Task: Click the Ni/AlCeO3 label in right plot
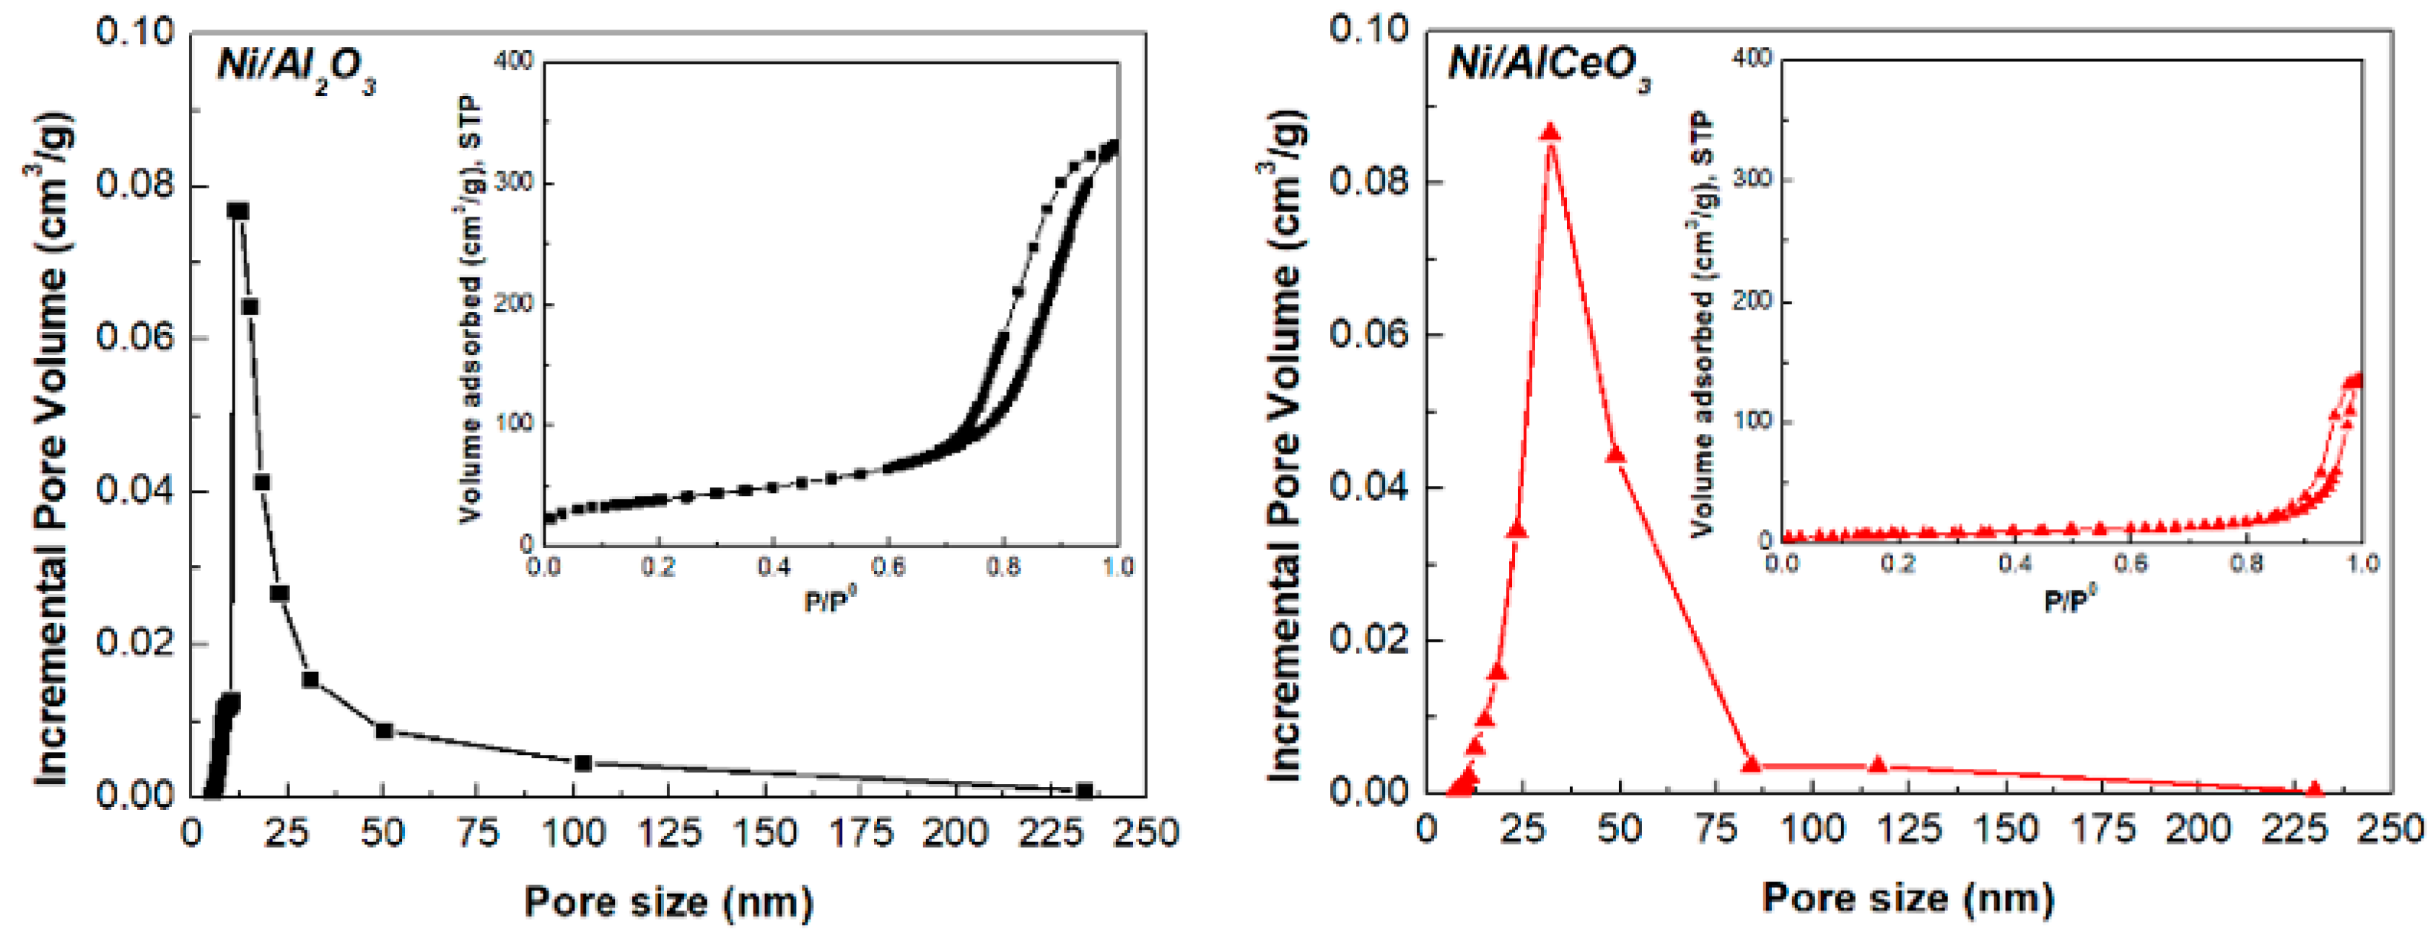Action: click(1549, 66)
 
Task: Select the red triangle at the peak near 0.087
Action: click(1550, 132)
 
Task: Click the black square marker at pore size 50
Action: click(383, 730)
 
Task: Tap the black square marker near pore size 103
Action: click(582, 762)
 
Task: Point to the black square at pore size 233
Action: click(1084, 789)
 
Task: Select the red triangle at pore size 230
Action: click(2314, 788)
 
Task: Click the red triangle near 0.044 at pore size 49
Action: click(1616, 455)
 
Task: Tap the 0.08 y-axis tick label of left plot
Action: click(135, 184)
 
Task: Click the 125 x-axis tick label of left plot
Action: click(669, 833)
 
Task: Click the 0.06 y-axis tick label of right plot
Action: click(1368, 334)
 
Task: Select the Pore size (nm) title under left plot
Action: click(668, 902)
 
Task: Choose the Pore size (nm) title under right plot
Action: click(1907, 897)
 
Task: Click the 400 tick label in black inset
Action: click(515, 61)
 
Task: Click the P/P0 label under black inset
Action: click(829, 601)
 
